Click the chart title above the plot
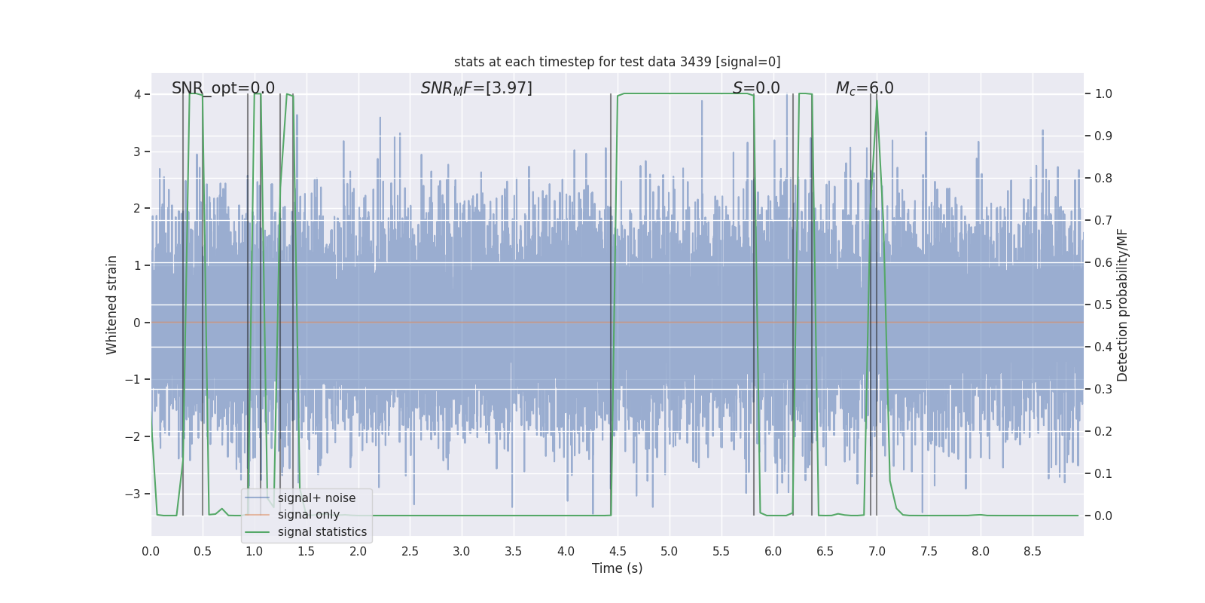coord(617,62)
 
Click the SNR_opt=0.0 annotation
coord(223,88)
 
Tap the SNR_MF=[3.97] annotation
coord(476,88)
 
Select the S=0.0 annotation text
coord(756,88)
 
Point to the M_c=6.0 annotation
coord(865,88)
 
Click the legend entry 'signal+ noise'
coord(316,498)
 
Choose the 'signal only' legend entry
coord(308,515)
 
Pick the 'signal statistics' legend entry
coord(322,532)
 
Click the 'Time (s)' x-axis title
coord(617,568)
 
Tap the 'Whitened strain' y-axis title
coord(112,305)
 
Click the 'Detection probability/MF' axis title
coord(1122,305)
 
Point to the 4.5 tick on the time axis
coord(618,551)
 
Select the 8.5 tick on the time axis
coord(1033,551)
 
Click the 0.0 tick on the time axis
coord(151,551)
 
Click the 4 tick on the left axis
coord(137,94)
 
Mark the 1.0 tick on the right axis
coord(1103,94)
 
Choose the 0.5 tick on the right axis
coord(1103,305)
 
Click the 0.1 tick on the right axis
coord(1103,473)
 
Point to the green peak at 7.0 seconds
coord(877,100)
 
